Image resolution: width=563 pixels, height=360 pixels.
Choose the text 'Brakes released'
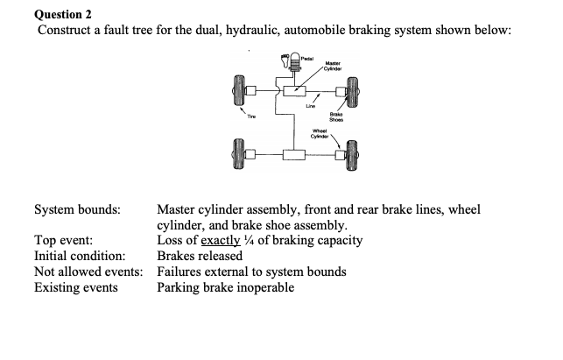[x=200, y=256]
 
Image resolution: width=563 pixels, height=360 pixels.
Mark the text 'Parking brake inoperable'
[x=226, y=286]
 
